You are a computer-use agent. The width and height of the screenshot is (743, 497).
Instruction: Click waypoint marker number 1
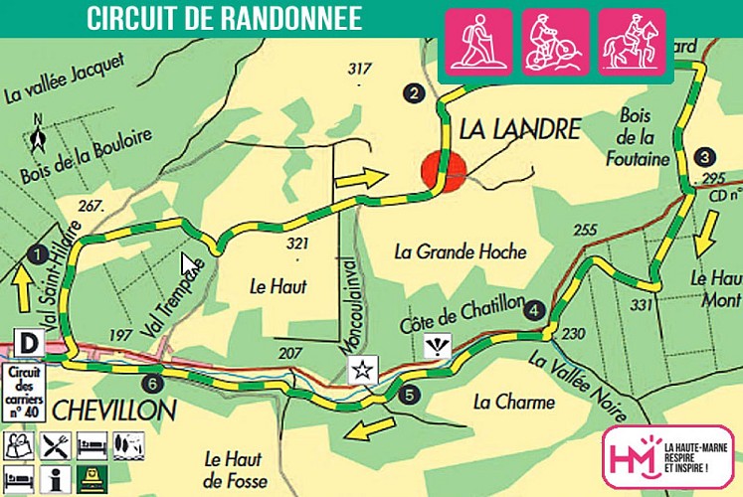(38, 253)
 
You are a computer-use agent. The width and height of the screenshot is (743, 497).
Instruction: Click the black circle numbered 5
(412, 395)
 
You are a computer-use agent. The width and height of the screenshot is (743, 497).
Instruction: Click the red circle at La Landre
(444, 170)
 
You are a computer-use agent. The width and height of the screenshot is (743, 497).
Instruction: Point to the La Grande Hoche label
(460, 251)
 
